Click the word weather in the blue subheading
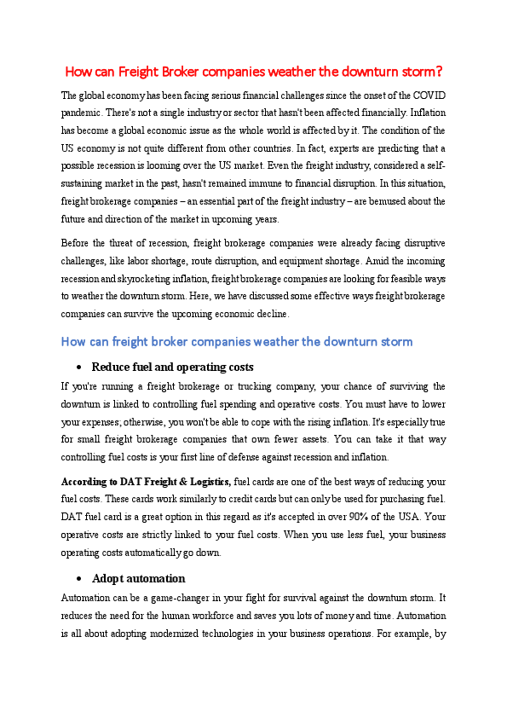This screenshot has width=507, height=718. click(x=263, y=342)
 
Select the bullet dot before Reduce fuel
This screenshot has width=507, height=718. click(x=78, y=368)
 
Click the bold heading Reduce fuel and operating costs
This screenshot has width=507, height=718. click(x=172, y=368)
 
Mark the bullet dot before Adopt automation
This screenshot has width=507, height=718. click(x=78, y=579)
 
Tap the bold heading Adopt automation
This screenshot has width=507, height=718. click(x=138, y=579)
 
